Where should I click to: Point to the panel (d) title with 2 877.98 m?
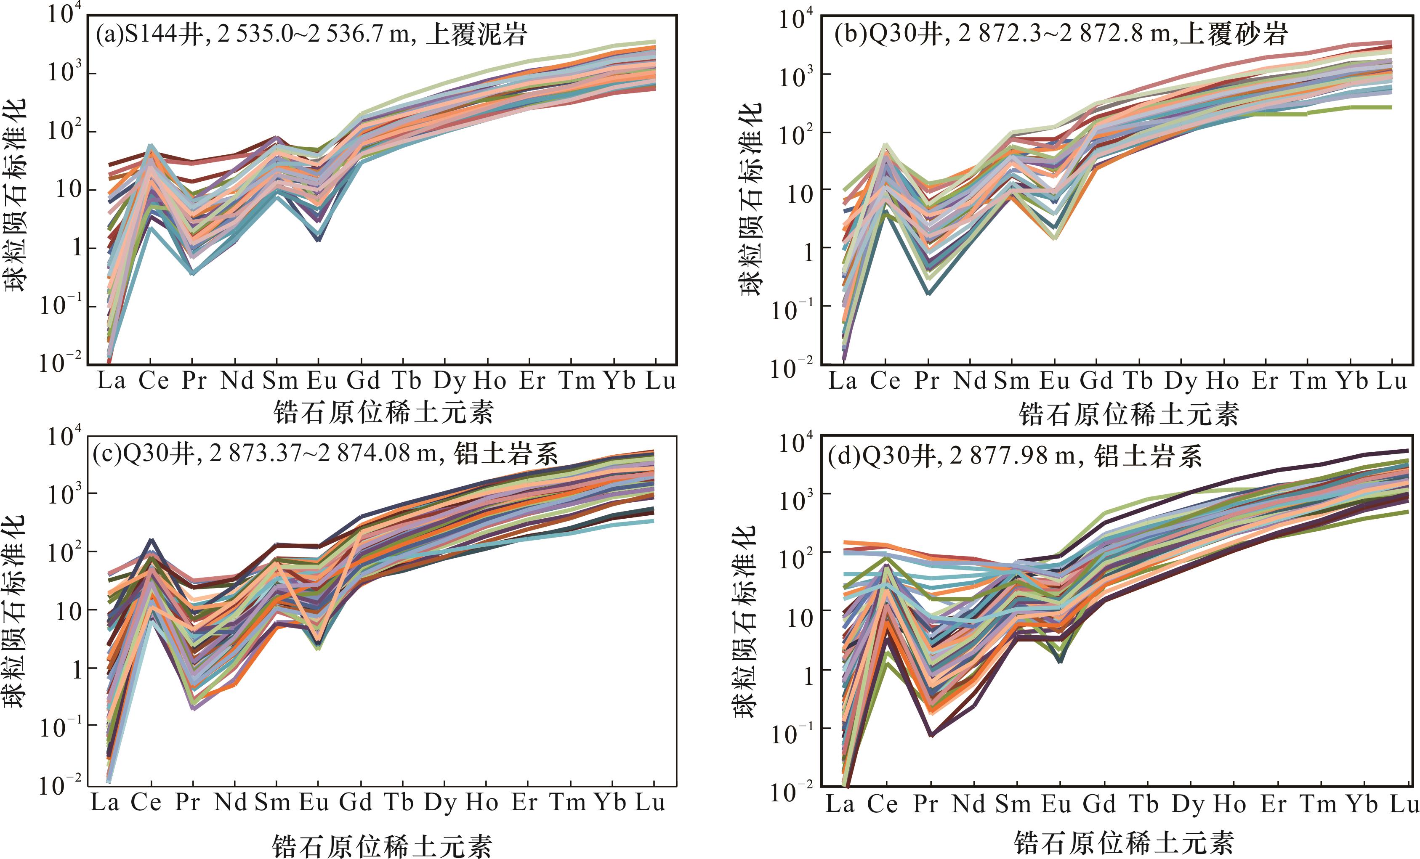(1014, 457)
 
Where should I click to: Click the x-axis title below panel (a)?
(383, 413)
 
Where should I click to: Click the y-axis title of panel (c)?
(16, 611)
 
